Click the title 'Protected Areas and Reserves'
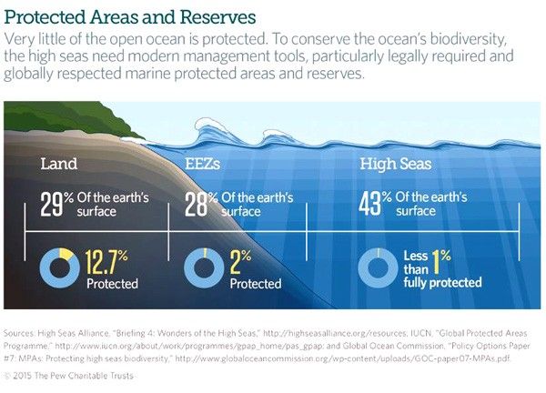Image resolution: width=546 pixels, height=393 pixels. pyautogui.click(x=130, y=17)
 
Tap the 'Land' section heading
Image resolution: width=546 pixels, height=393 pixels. pyautogui.click(x=59, y=164)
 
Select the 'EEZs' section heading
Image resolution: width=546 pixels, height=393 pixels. pyautogui.click(x=202, y=164)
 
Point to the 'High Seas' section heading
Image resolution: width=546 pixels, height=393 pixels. pyautogui.click(x=396, y=164)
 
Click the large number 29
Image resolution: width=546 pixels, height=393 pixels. pyautogui.click(x=52, y=205)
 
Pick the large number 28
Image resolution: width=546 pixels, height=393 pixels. pyautogui.click(x=196, y=205)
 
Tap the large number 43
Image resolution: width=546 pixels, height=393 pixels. pyautogui.click(x=369, y=204)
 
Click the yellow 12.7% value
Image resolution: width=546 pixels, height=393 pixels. pyautogui.click(x=106, y=262)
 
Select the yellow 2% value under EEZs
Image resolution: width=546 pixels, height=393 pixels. pyautogui.click(x=240, y=262)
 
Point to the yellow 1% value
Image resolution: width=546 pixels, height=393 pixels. pyautogui.click(x=441, y=261)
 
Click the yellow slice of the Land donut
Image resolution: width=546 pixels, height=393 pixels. pyautogui.click(x=66, y=254)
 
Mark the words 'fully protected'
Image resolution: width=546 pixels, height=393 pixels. pyautogui.click(x=442, y=282)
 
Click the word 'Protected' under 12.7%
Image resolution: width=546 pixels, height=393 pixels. pyautogui.click(x=112, y=283)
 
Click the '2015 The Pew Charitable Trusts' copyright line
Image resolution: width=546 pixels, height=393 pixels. pyautogui.click(x=69, y=376)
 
